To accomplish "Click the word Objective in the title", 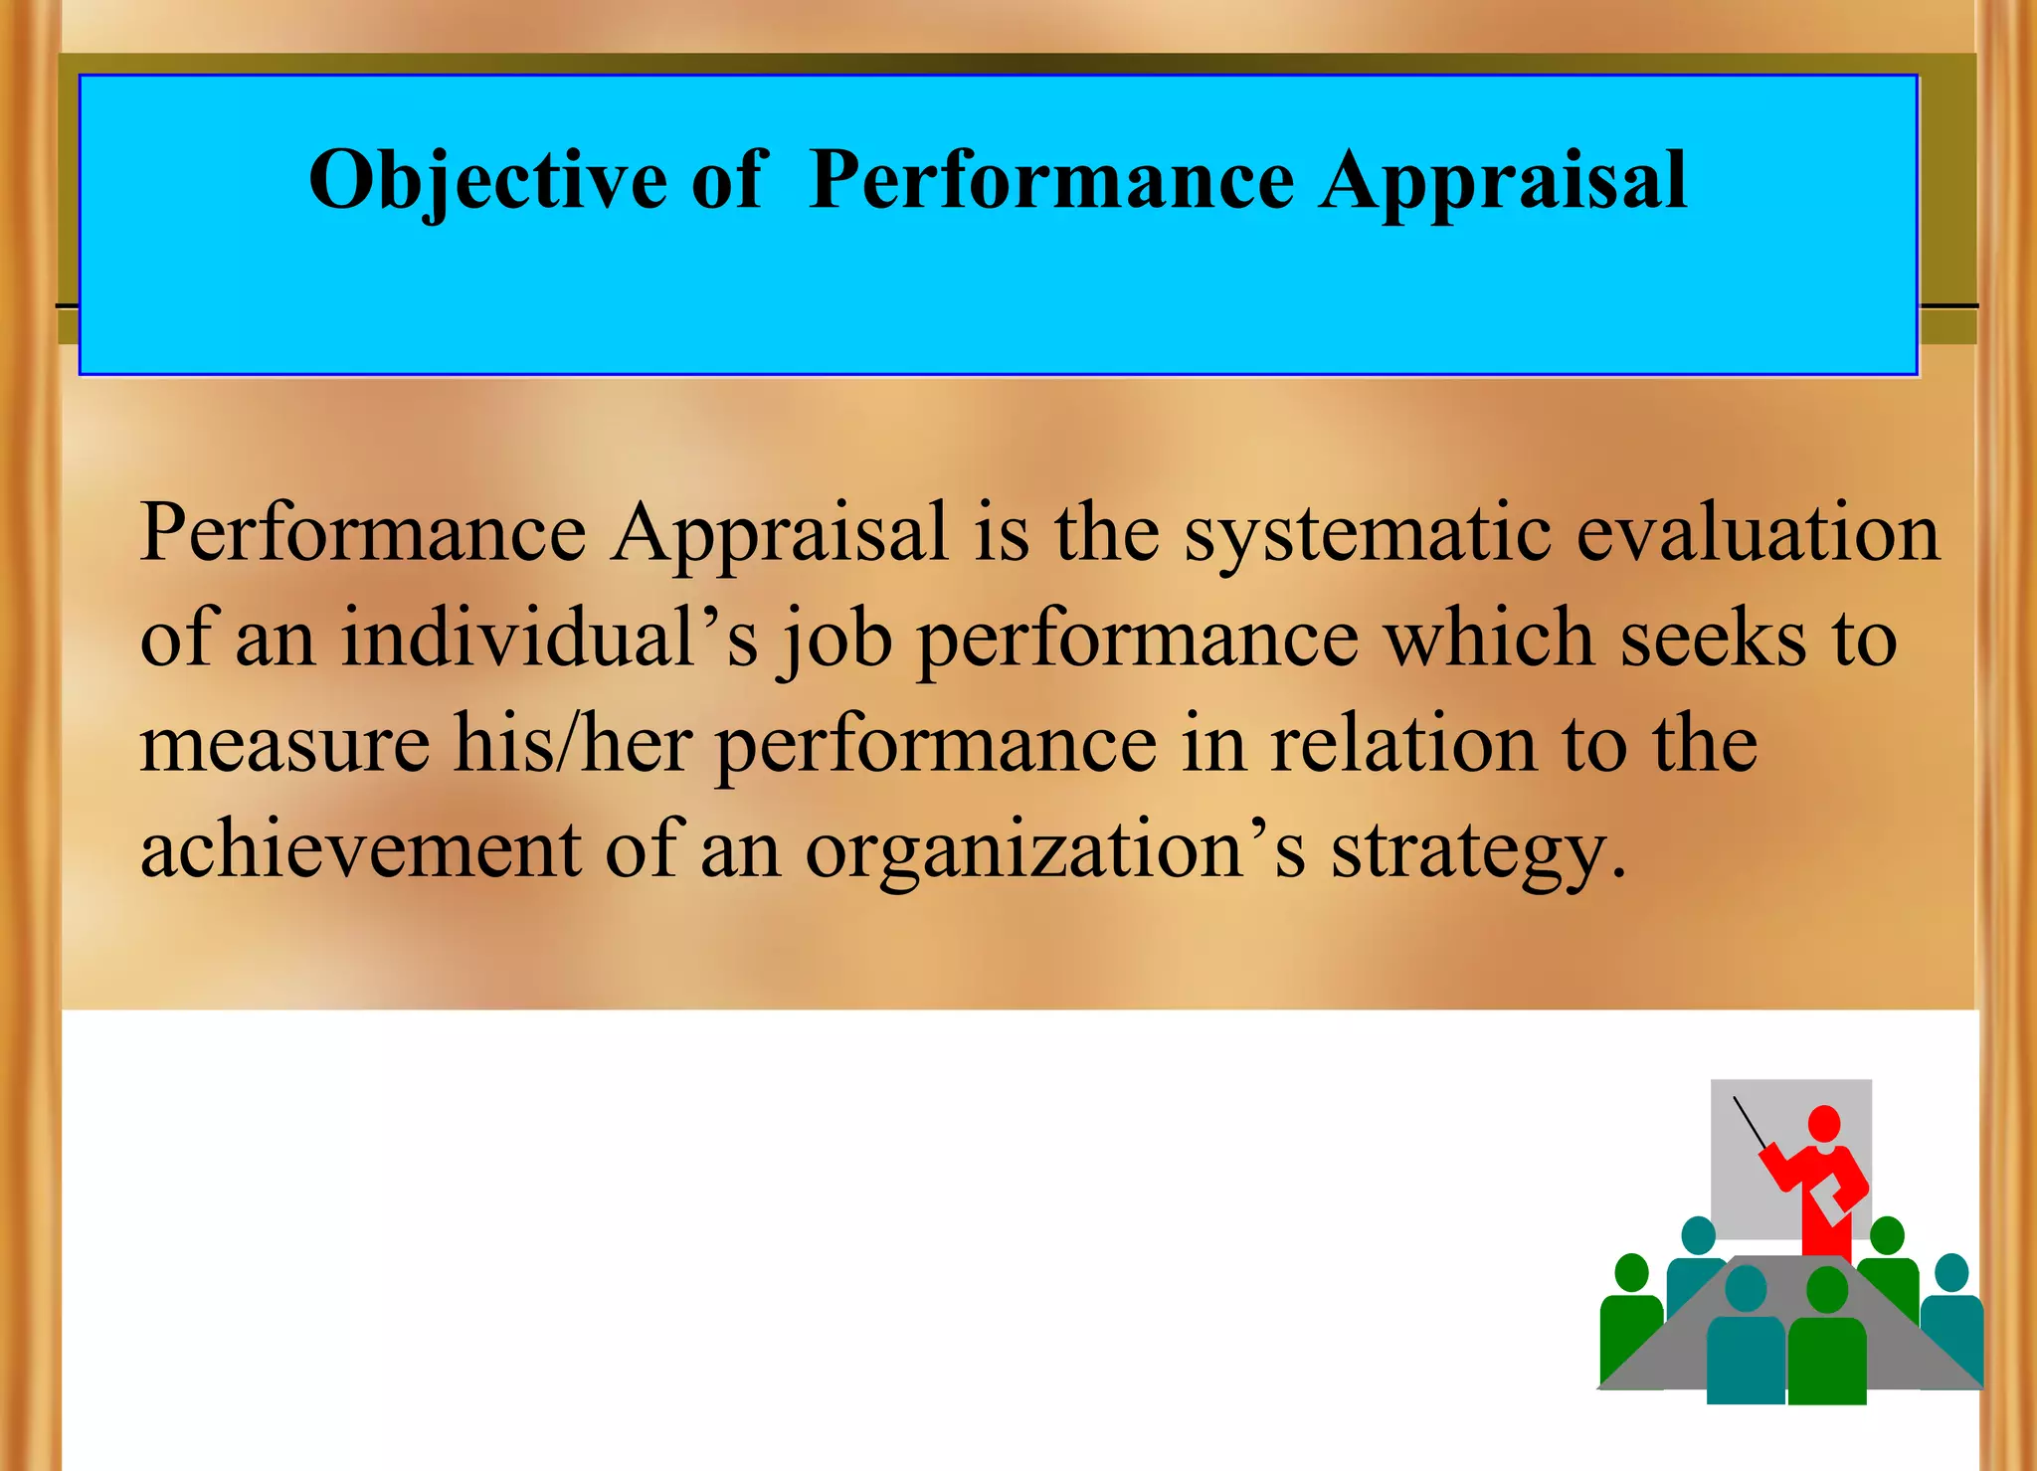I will (x=487, y=181).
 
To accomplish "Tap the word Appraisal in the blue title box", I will (x=1503, y=181).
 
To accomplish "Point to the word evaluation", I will (x=1758, y=533).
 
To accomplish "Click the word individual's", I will (x=548, y=638).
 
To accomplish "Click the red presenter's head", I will (x=1824, y=1124).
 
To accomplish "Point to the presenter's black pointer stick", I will (x=1750, y=1123).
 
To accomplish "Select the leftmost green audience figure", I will (x=1630, y=1313).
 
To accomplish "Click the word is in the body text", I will (x=1001, y=533).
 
